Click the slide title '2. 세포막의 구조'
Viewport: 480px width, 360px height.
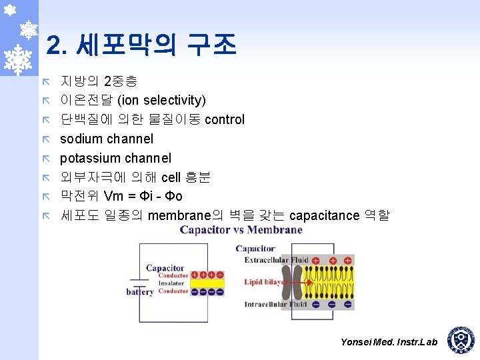point(141,45)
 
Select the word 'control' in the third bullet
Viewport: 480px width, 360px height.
point(225,120)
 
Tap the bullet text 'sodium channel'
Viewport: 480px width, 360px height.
point(107,139)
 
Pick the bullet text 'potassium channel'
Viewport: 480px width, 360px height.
point(115,159)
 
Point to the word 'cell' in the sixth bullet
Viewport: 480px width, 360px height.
point(171,177)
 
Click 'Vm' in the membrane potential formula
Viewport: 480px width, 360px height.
point(113,197)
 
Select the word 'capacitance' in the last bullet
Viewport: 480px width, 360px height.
point(324,215)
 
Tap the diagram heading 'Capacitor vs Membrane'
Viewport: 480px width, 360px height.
point(241,231)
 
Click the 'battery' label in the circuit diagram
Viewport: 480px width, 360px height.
point(139,292)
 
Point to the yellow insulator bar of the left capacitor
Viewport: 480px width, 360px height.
point(207,283)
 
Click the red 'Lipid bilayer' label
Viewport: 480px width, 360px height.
point(263,282)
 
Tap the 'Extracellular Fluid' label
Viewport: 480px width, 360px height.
point(276,260)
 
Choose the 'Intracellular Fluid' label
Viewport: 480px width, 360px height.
point(276,305)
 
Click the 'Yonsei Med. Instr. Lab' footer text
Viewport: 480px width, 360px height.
point(389,342)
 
